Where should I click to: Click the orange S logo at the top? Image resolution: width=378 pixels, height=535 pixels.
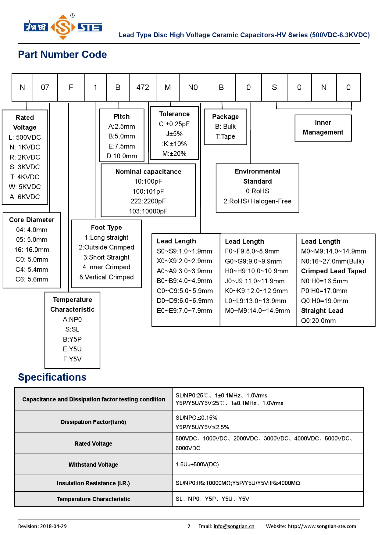(63, 27)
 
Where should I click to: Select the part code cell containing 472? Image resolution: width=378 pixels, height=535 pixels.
(143, 88)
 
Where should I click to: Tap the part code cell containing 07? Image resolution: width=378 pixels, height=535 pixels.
(45, 88)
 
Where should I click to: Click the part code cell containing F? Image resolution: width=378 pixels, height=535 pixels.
(71, 88)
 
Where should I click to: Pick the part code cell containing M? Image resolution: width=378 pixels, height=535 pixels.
(168, 88)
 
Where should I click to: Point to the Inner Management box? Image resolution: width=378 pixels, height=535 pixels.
(323, 128)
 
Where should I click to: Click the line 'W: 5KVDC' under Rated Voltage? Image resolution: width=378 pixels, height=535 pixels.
(25, 187)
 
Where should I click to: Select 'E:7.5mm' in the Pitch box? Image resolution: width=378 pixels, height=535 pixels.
(122, 146)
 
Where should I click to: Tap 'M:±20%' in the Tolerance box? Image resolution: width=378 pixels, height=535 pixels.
(174, 153)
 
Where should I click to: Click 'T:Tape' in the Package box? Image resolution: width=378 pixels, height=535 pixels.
(225, 136)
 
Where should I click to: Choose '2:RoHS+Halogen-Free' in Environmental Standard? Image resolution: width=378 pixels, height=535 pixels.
(257, 201)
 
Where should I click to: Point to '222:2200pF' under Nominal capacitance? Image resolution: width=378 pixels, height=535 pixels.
(148, 201)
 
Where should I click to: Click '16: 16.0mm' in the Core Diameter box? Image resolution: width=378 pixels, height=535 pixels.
(32, 250)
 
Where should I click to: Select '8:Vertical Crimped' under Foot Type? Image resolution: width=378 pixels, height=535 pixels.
(106, 277)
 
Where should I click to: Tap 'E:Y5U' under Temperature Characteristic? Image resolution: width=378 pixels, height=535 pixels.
(72, 349)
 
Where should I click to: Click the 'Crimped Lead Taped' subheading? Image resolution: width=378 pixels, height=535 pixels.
(333, 271)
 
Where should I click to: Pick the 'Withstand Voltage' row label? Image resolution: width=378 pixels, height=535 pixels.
(93, 465)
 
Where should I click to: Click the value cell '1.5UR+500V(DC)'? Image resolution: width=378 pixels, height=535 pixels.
(197, 464)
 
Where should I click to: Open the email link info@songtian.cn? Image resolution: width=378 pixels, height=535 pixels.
(234, 526)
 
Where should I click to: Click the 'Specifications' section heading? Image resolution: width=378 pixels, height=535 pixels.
(52, 377)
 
